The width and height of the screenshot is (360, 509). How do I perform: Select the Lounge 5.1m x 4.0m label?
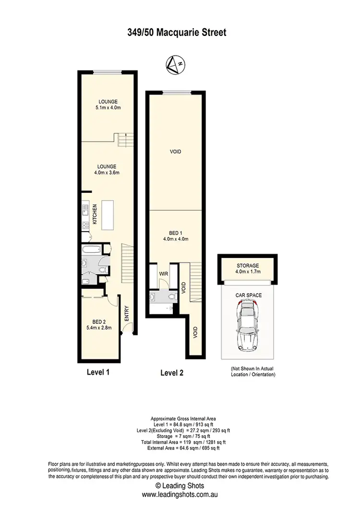pos(108,105)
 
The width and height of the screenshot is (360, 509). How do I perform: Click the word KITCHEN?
pos(95,214)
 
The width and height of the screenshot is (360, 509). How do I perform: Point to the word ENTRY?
pos(127,313)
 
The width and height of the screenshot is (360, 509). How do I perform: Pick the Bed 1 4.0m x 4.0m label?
pos(176,236)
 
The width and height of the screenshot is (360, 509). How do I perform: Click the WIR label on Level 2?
pos(164,273)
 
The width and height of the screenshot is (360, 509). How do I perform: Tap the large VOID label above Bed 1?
pos(176,152)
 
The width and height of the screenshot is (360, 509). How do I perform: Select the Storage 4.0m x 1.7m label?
pos(248,268)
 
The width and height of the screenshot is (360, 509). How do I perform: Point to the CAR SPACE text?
pos(248,295)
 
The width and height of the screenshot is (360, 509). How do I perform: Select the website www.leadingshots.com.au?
pos(180,494)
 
